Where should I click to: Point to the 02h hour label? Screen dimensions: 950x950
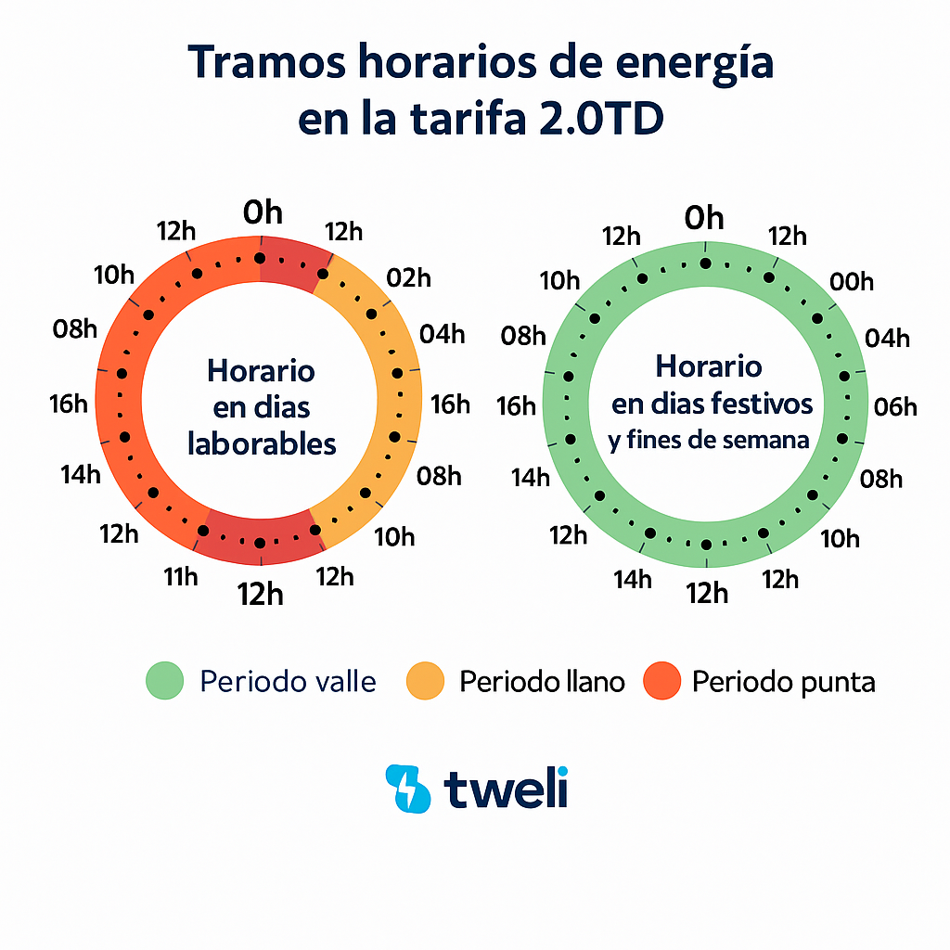[x=409, y=276]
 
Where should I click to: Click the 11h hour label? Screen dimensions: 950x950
[x=181, y=577]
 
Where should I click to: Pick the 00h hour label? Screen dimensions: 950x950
[x=852, y=281]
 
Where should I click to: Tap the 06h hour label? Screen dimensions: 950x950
[x=895, y=406]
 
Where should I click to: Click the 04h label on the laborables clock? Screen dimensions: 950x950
[x=443, y=334]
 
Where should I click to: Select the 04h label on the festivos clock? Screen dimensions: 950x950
[x=888, y=338]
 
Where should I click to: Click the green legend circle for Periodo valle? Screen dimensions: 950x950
[x=166, y=682]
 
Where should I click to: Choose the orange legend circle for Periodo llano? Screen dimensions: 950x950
[x=427, y=682]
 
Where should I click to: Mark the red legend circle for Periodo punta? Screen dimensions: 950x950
[x=661, y=682]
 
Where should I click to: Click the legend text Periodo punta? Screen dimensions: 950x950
[x=783, y=683]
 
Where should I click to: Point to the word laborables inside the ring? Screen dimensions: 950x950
[x=262, y=443]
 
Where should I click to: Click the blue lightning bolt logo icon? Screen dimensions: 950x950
[x=407, y=789]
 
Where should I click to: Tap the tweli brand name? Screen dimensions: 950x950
[x=506, y=789]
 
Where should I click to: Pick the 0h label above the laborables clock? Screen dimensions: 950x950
[x=263, y=213]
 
